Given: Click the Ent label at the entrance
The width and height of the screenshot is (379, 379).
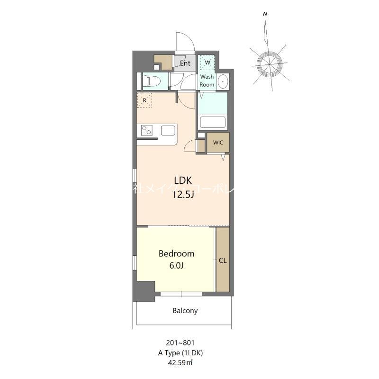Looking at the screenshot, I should click(185, 63).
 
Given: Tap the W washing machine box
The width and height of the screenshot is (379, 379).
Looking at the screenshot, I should click(207, 63).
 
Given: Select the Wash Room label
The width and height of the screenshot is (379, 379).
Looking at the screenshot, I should click(207, 81).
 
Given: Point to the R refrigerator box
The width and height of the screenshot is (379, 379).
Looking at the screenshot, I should click(144, 100).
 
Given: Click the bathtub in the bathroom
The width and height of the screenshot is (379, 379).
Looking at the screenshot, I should click(212, 122).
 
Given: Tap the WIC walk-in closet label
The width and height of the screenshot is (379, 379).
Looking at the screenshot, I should click(218, 143).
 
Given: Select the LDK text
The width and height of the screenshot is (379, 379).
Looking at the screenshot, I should click(182, 180).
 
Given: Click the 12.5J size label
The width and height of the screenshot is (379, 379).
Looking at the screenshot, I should click(182, 194).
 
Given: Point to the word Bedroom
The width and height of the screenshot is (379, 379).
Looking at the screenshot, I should click(176, 253).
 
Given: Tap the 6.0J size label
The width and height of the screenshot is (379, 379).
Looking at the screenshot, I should click(176, 265).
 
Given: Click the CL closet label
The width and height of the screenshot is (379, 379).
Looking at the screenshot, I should click(223, 260).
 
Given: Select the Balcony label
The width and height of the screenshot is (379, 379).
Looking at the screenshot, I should click(184, 311).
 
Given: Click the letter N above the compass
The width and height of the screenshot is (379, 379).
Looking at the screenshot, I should click(265, 14).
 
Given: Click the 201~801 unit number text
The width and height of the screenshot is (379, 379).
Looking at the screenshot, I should click(180, 343).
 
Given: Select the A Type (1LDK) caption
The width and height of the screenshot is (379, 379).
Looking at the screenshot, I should click(180, 352).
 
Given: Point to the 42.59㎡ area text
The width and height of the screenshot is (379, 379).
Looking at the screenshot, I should click(180, 362).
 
